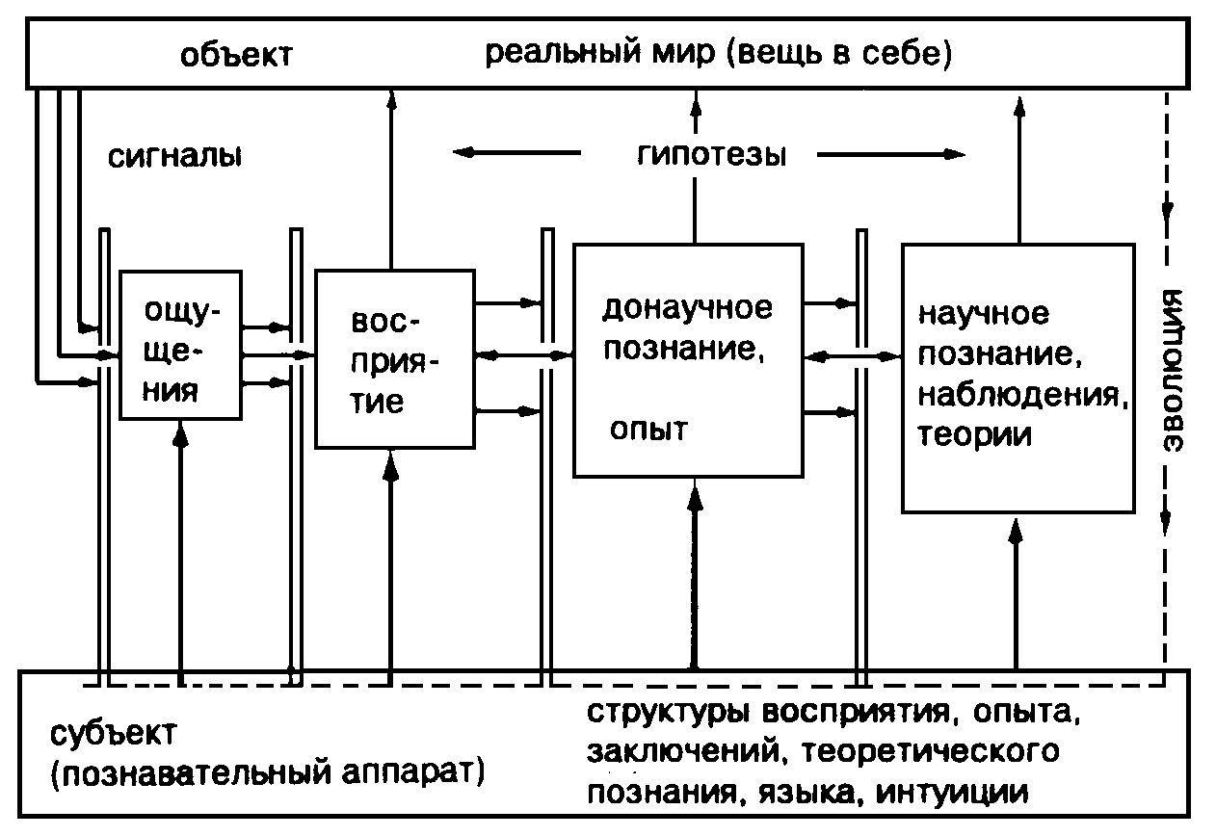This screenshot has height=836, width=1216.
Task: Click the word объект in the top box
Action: pyautogui.click(x=236, y=54)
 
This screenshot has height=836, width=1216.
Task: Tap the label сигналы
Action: pyautogui.click(x=174, y=157)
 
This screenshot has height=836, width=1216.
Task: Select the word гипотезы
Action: pyautogui.click(x=712, y=156)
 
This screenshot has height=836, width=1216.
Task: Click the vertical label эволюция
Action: pyautogui.click(x=1173, y=370)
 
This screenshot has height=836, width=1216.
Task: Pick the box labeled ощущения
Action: pyautogui.click(x=180, y=345)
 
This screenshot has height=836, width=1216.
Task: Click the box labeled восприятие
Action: pyautogui.click(x=395, y=359)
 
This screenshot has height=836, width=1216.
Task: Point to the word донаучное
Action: pyautogui.click(x=687, y=308)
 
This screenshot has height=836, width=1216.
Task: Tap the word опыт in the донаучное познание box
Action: pyautogui.click(x=648, y=430)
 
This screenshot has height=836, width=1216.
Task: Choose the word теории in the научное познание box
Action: pyautogui.click(x=974, y=435)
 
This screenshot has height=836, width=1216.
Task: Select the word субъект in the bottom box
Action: pyautogui.click(x=114, y=734)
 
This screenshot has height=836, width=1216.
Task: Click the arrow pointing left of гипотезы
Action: pyautogui.click(x=516, y=152)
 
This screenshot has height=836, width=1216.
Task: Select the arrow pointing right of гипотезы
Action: pyautogui.click(x=891, y=155)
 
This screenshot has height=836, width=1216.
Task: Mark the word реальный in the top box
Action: pyautogui.click(x=563, y=54)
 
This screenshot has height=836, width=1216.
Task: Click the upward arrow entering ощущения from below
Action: pyautogui.click(x=180, y=552)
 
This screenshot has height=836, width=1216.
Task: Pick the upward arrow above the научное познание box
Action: pyautogui.click(x=1019, y=170)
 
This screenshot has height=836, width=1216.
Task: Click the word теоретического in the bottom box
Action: pyautogui.click(x=931, y=752)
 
